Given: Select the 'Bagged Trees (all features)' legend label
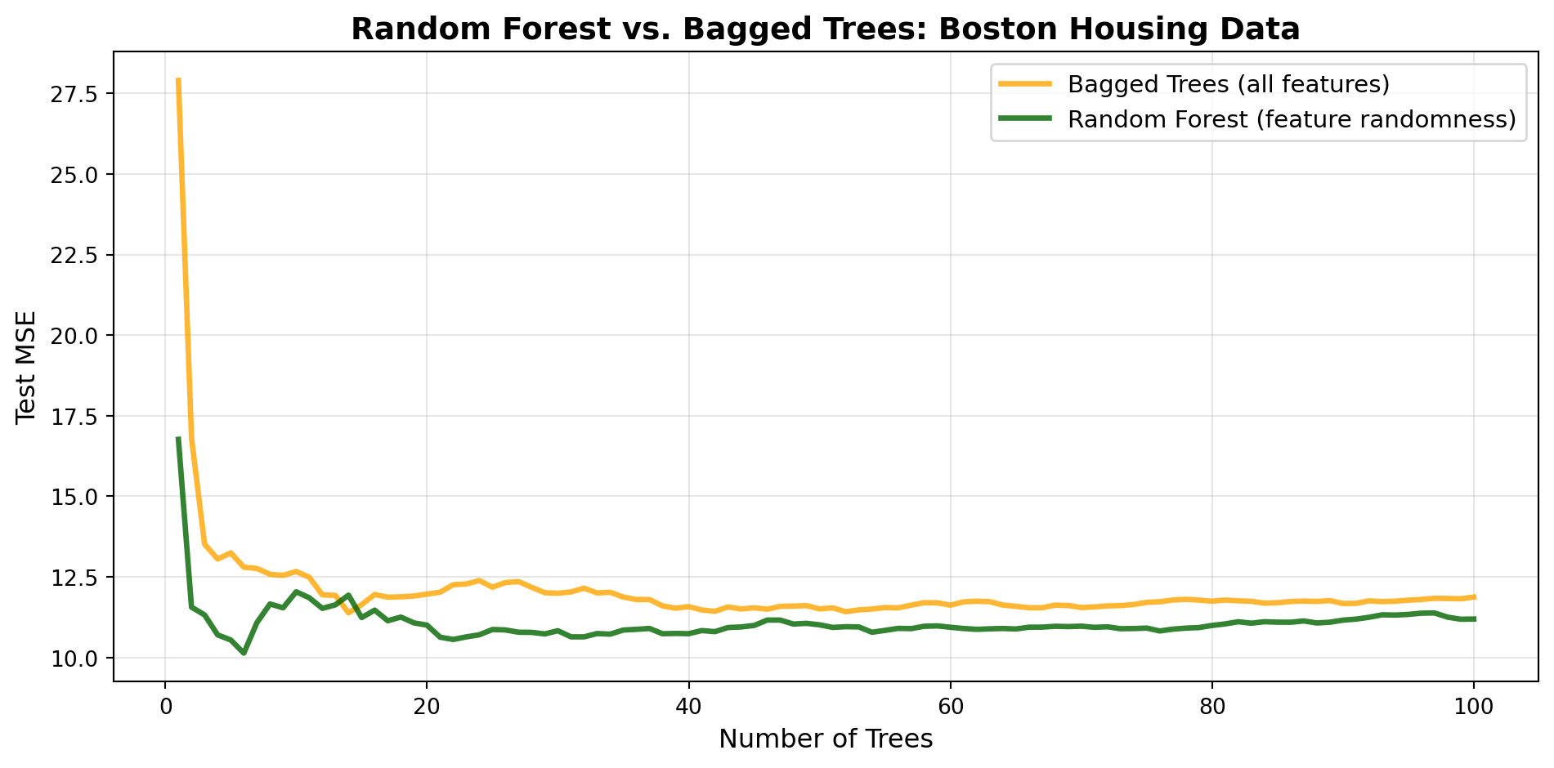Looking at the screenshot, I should [1229, 85].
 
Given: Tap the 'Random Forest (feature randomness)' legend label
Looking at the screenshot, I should [1292, 120].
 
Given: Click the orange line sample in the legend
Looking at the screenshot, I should [1025, 84].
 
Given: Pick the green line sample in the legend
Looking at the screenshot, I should [1025, 119].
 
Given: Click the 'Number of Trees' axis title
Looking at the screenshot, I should [826, 739].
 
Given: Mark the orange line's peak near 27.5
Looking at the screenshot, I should [178, 79].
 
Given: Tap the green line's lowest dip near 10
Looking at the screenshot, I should [244, 653].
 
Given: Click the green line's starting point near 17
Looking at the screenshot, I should [178, 438].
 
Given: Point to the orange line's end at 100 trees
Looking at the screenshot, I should [1474, 596].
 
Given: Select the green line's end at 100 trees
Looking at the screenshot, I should [1474, 619].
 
